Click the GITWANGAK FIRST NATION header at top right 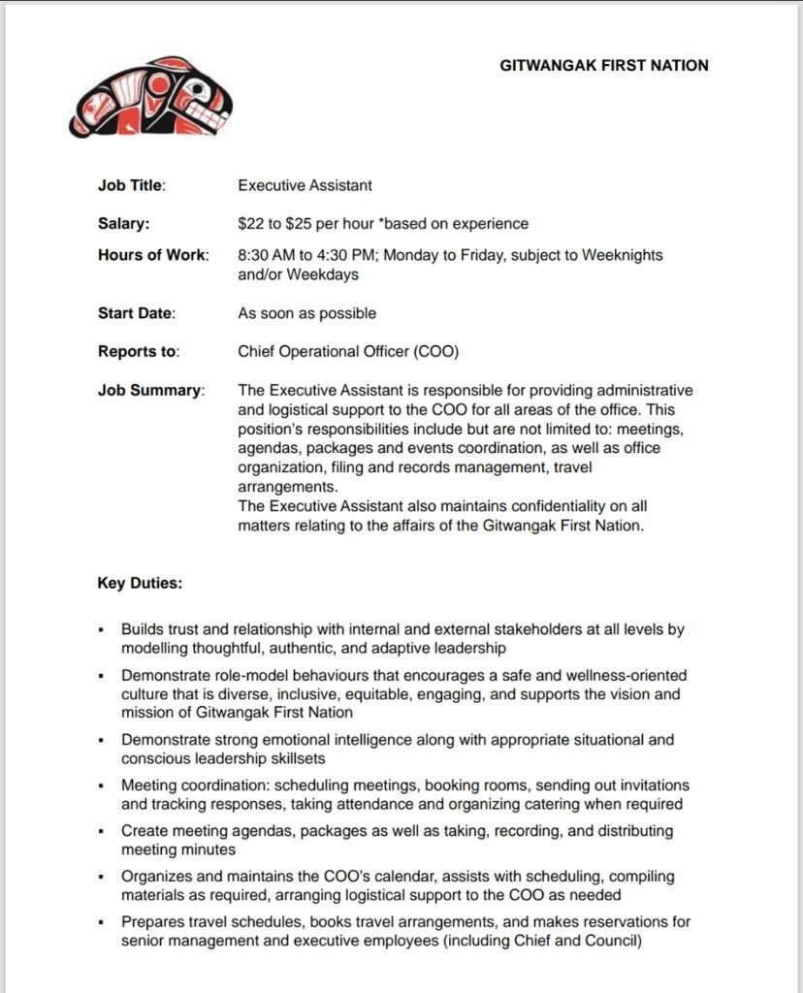603,66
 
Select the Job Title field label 131,185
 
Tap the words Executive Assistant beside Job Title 305,185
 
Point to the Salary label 123,224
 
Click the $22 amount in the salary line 251,224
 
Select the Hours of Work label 152,255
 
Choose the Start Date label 136,313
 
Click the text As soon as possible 306,313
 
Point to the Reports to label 139,352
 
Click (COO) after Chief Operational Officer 437,352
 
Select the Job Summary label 150,391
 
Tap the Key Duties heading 140,584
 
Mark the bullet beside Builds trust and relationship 101,630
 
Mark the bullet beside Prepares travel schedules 101,922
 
